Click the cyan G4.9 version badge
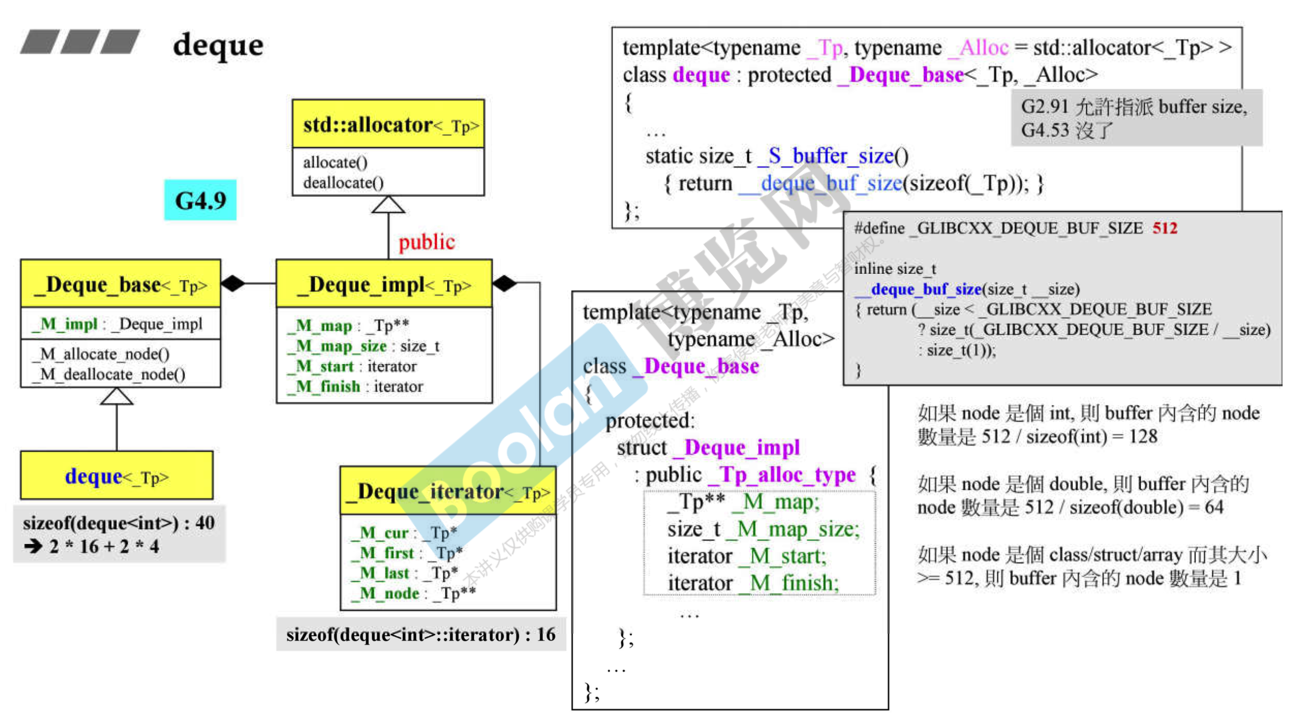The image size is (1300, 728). click(200, 200)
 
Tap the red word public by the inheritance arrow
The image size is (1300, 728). click(426, 242)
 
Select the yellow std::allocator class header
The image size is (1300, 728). click(388, 125)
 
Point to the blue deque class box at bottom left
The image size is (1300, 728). click(117, 476)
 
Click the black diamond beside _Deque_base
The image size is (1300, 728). click(233, 283)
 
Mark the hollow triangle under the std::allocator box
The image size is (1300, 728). click(388, 205)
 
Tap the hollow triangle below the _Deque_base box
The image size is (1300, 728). click(117, 396)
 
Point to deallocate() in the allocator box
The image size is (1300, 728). click(343, 183)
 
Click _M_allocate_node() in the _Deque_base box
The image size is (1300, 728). click(100, 354)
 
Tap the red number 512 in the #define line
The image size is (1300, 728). click(1165, 228)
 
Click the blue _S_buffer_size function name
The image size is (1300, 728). click(832, 156)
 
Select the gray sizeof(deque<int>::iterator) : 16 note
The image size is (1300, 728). click(420, 635)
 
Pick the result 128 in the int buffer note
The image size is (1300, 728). click(1143, 436)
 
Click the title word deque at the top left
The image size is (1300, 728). click(218, 45)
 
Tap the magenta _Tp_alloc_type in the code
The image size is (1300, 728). click(782, 475)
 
